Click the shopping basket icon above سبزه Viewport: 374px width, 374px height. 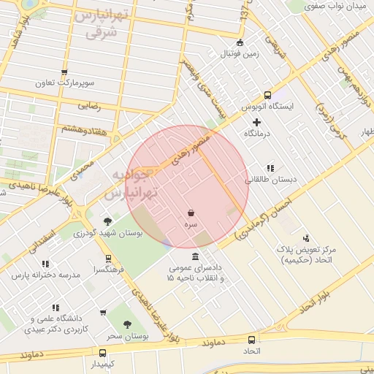coord(191,213)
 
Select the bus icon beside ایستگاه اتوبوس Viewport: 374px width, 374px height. coord(267,95)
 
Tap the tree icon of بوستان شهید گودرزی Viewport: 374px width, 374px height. coord(108,221)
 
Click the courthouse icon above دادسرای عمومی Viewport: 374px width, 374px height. coord(195,257)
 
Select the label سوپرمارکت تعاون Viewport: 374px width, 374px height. coord(65,84)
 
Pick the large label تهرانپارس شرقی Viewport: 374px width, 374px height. coord(102,24)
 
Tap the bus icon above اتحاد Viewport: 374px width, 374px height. coord(252,340)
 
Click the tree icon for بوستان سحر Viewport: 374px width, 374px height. coord(128,324)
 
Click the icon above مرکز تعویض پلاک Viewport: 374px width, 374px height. coord(305,238)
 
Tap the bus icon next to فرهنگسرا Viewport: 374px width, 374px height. coord(108,259)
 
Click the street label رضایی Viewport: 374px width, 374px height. coord(87,106)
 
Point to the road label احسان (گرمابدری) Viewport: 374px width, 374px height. coord(263,212)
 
